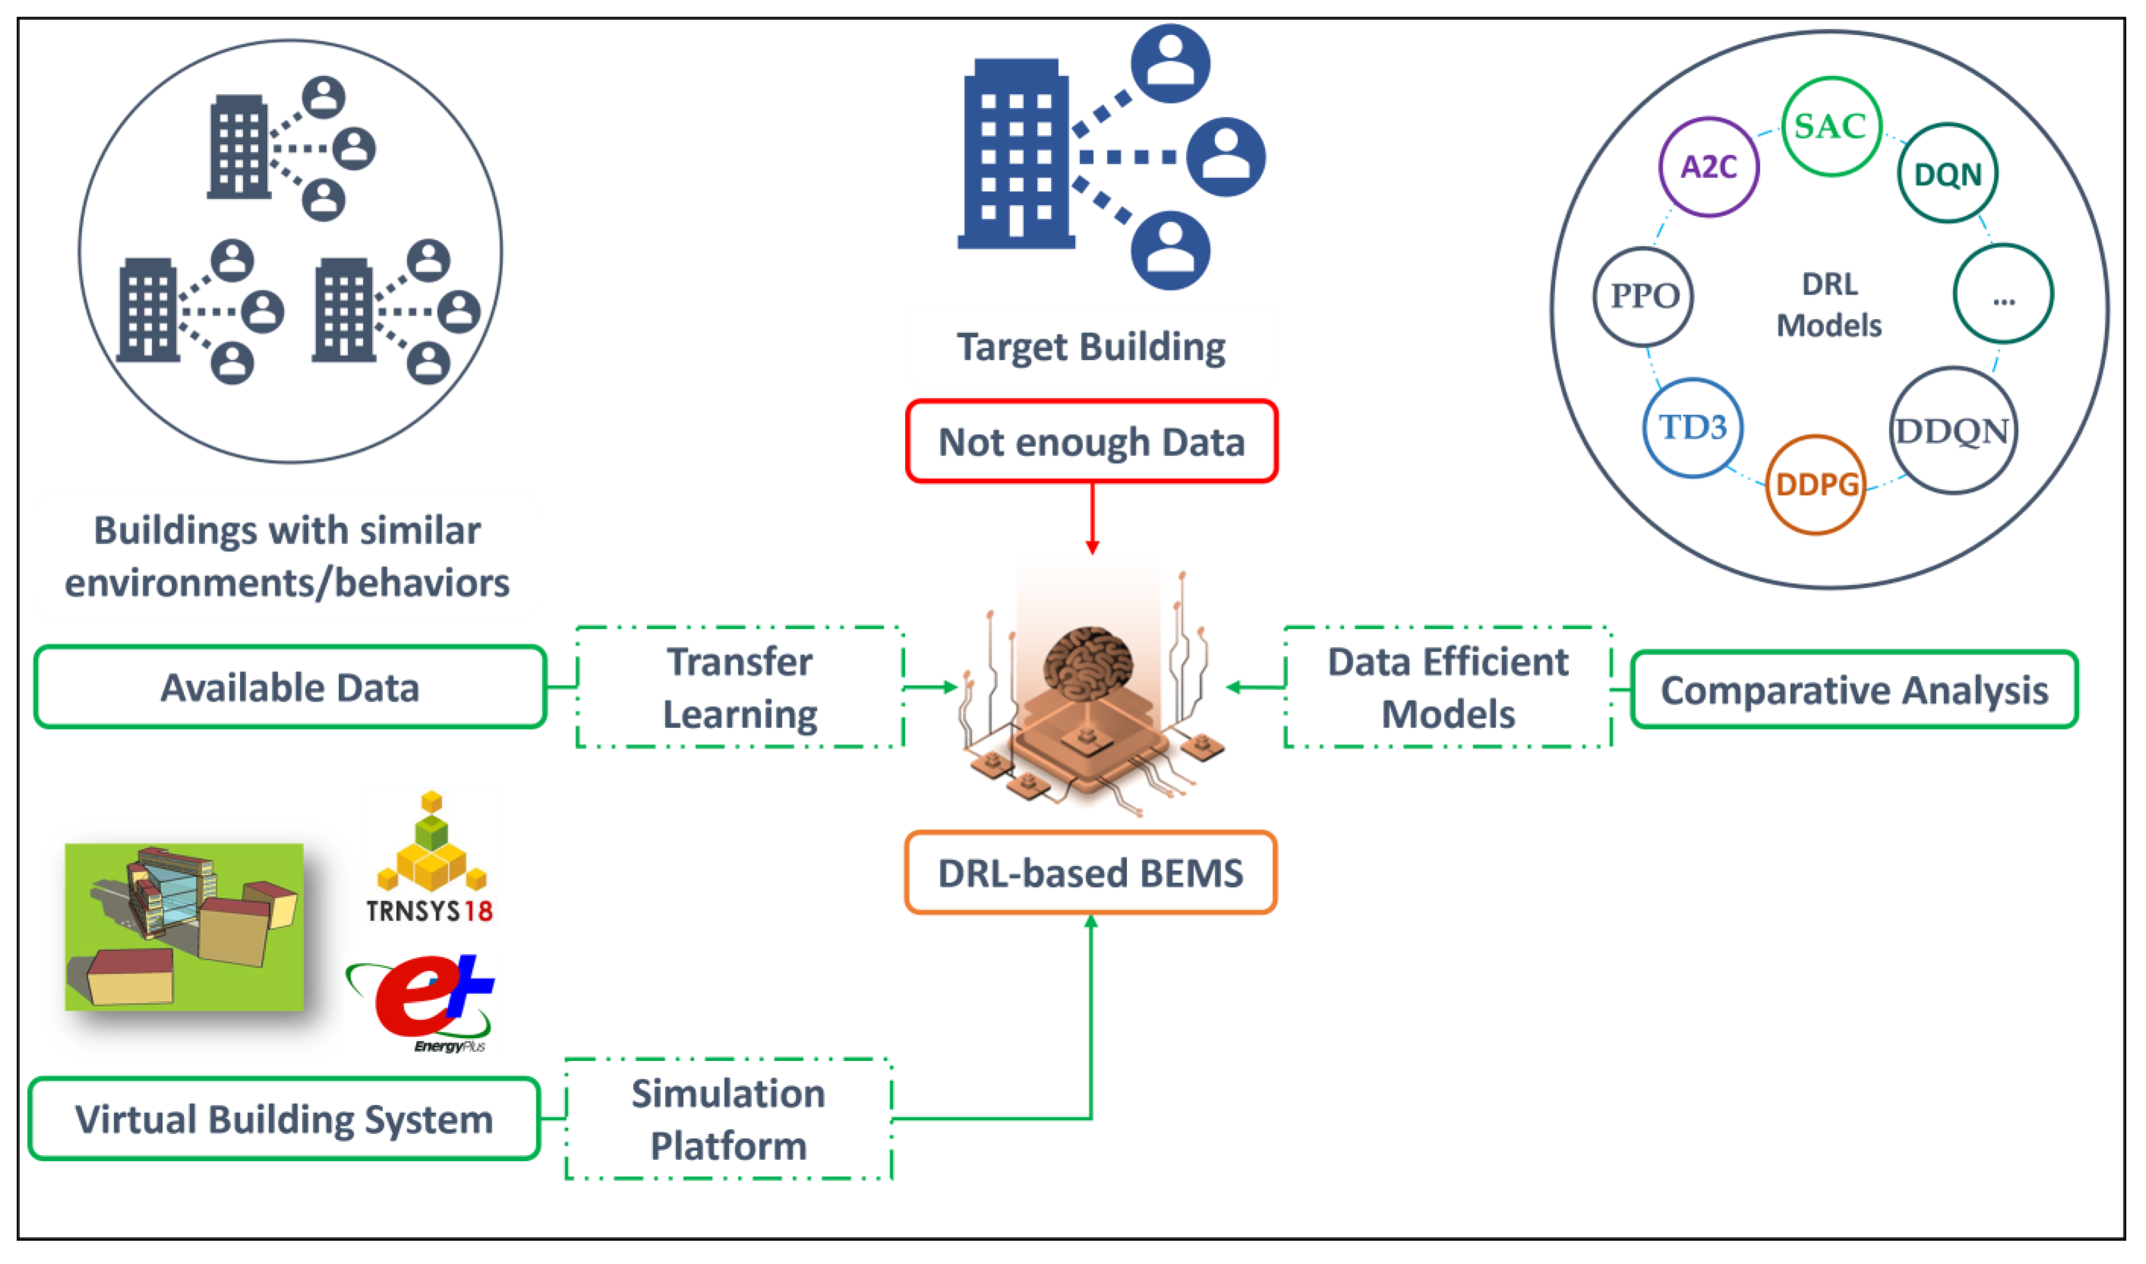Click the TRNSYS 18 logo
tap(430, 857)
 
